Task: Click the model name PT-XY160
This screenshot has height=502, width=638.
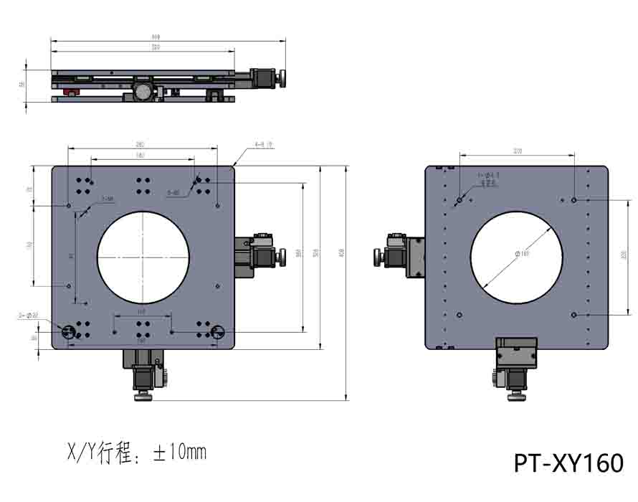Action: click(568, 463)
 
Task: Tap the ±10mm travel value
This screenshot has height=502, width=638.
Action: click(179, 453)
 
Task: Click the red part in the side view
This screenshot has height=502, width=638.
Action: click(70, 91)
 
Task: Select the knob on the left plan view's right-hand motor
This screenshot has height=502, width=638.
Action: click(280, 256)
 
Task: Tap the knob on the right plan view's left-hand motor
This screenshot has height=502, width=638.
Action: click(377, 257)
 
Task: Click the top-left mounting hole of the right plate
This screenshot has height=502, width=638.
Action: click(460, 200)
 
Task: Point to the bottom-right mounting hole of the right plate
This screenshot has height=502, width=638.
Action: click(574, 315)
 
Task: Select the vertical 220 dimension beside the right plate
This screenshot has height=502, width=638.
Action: click(624, 255)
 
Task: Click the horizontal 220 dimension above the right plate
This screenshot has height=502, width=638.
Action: click(517, 151)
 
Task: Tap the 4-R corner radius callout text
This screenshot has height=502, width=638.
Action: click(264, 145)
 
